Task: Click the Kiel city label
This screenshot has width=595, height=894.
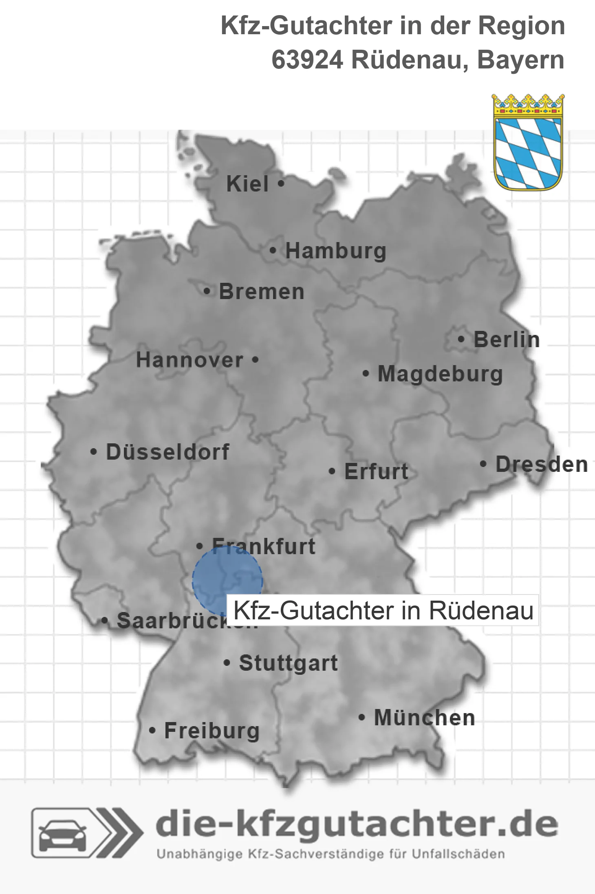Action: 247,184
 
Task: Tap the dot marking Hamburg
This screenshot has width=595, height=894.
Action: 273,251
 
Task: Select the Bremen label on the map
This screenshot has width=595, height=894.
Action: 262,292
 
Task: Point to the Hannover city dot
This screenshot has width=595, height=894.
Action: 255,360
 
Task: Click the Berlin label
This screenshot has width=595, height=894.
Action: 507,340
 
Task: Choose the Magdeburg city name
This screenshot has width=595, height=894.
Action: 440,374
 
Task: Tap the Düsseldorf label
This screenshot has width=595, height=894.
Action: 167,452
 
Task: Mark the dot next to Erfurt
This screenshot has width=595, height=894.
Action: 332,471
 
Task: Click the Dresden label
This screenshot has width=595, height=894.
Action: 542,465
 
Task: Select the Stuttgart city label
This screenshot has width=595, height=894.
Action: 289,663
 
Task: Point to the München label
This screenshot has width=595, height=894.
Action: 425,718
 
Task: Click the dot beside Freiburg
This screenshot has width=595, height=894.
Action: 152,731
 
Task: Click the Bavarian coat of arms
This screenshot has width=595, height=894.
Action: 528,143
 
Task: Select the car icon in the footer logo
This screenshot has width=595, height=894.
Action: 63,834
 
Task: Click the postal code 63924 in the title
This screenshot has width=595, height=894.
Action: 307,60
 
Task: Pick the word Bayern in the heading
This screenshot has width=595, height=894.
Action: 520,60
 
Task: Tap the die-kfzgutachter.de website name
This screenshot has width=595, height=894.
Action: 357,825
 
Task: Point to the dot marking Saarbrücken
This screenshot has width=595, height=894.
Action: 105,621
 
